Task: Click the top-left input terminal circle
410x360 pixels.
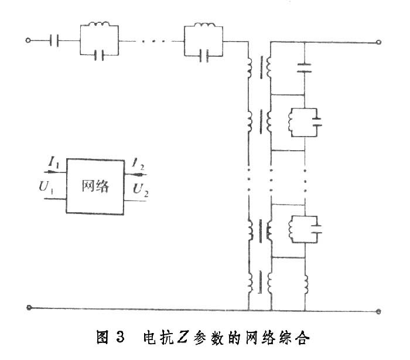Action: tap(28, 40)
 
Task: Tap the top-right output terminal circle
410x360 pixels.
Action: tap(379, 42)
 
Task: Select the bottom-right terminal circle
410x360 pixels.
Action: tap(379, 311)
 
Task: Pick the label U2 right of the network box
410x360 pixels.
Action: tap(140, 190)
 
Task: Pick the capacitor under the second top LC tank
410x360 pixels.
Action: tap(203, 56)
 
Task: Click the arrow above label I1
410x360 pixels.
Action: tap(53, 172)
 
